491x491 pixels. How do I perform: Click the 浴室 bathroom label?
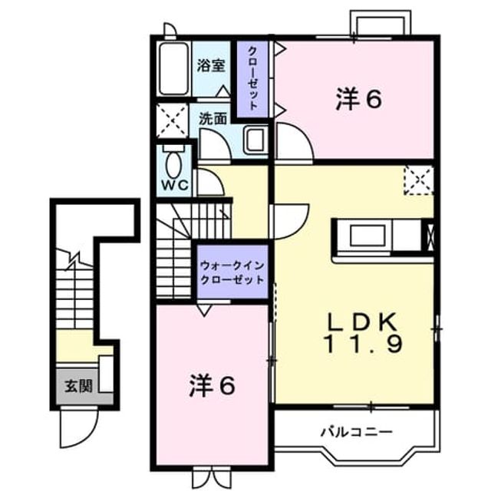coord(211,66)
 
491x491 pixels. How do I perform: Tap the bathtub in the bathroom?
coord(174,68)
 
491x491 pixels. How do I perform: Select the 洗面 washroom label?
coord(213,119)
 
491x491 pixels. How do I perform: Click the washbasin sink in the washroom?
coord(255,140)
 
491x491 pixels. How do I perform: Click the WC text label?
coord(175,186)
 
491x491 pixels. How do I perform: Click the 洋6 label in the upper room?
coord(358,99)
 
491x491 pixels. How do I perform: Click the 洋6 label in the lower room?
coord(212,386)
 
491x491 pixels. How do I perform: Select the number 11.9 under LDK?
coord(363,344)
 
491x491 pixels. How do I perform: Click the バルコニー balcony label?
coord(356,433)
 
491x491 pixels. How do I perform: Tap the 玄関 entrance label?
coord(78,386)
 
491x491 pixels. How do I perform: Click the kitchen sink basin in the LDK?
coord(367,236)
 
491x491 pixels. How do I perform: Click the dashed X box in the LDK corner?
coord(419,181)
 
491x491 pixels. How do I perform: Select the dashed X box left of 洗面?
coord(172,120)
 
